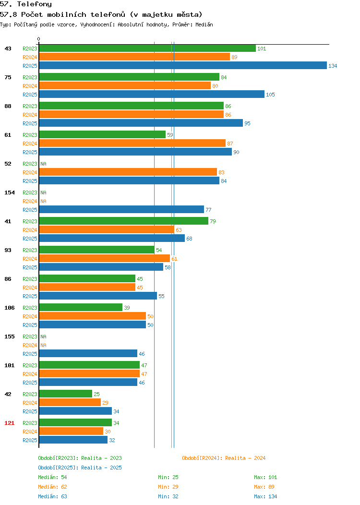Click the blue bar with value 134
pyautogui.click(x=183, y=65)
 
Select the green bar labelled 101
pyautogui.click(x=147, y=48)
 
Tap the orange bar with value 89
pyautogui.click(x=134, y=57)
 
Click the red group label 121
pyautogui.click(x=9, y=423)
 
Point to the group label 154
pyautogui.click(x=9, y=192)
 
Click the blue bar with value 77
pyautogui.click(x=122, y=209)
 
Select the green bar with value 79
pyautogui.click(x=124, y=221)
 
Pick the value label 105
pyautogui.click(x=271, y=95)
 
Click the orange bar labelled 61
pyautogui.click(x=104, y=258)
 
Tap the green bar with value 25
pyautogui.click(x=66, y=394)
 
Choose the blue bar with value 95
pyautogui.click(x=141, y=123)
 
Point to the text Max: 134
pyautogui.click(x=265, y=496)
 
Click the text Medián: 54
pyautogui.click(x=52, y=477)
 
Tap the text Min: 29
pyautogui.click(x=168, y=487)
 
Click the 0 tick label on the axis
pyautogui.click(x=39, y=39)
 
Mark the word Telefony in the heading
pyautogui.click(x=34, y=4)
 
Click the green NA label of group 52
pyautogui.click(x=44, y=164)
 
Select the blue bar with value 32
pyautogui.click(x=73, y=440)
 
